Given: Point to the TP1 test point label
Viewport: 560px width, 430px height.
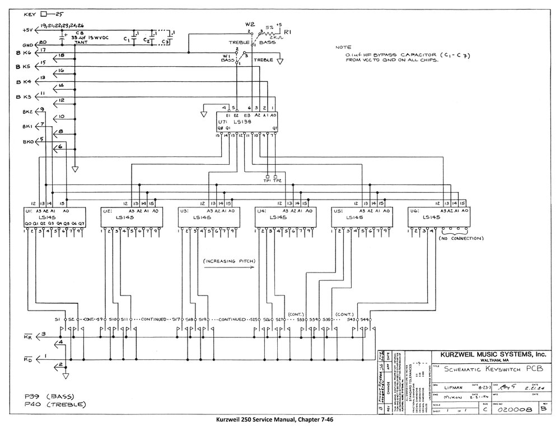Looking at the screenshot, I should [267, 181].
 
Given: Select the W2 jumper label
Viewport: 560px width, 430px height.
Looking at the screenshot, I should [250, 25].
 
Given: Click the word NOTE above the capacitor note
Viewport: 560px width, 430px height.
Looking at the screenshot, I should [343, 48].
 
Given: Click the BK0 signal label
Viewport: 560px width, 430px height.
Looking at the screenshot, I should [27, 141].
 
